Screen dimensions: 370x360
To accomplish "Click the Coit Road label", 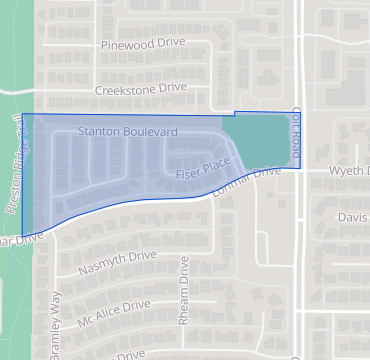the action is (x=295, y=131).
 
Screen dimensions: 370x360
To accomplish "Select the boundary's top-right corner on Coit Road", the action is (x=301, y=111).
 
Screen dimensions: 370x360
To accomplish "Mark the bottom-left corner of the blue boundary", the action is (x=22, y=237).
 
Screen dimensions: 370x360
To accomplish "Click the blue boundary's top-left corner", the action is (x=22, y=114).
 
